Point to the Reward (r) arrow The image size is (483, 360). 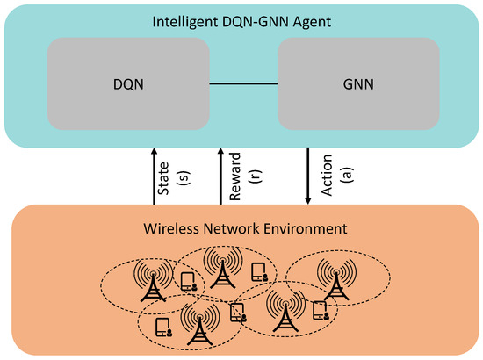click(x=220, y=175)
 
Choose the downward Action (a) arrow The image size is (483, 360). click(x=308, y=175)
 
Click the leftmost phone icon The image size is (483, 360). click(x=162, y=328)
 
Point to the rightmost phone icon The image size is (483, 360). click(x=321, y=310)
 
